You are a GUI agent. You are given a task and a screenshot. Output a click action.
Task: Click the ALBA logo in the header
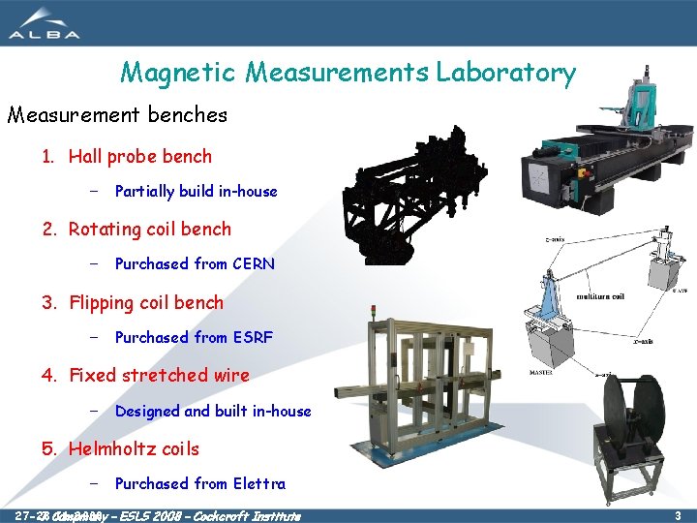(x=45, y=23)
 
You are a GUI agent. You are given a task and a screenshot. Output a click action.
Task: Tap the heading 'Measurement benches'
(x=117, y=115)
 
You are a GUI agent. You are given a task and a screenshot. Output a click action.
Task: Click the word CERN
(x=253, y=263)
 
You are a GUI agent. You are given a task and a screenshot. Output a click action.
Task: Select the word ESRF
(x=252, y=337)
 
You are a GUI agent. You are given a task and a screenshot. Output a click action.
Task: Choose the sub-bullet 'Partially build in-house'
(x=196, y=191)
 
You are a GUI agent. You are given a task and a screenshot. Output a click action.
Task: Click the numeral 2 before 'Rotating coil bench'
(x=48, y=230)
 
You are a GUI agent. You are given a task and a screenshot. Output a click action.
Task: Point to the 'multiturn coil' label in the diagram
(x=601, y=297)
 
